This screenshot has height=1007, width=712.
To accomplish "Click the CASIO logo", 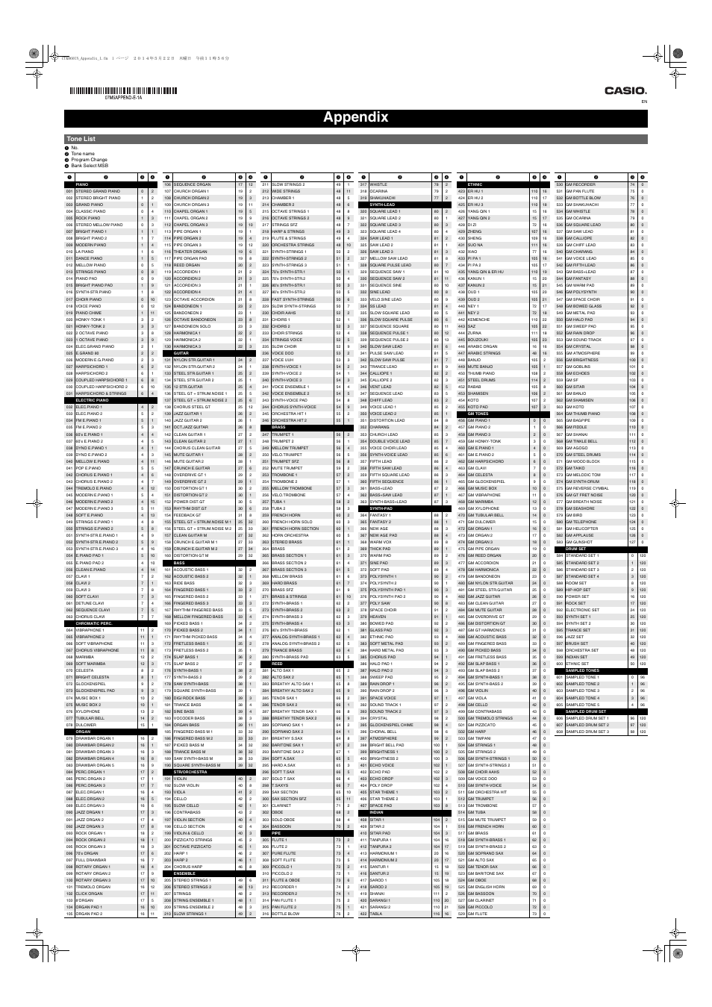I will coord(625,90).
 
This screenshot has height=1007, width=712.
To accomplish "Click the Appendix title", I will coord(355,117).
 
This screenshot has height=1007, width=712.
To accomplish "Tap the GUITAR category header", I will coord(181,353).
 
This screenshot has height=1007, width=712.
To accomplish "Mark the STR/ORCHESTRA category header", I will coord(190,772).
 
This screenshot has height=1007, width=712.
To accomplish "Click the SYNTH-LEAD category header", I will coord(382,205).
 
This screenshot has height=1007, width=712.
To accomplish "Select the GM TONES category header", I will coord(478,414).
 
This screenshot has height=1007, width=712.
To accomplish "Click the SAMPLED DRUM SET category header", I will coord(586,711).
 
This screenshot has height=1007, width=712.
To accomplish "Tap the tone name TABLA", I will coord(376,914).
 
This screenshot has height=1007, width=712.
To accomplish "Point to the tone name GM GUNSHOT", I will coord(580,542).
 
